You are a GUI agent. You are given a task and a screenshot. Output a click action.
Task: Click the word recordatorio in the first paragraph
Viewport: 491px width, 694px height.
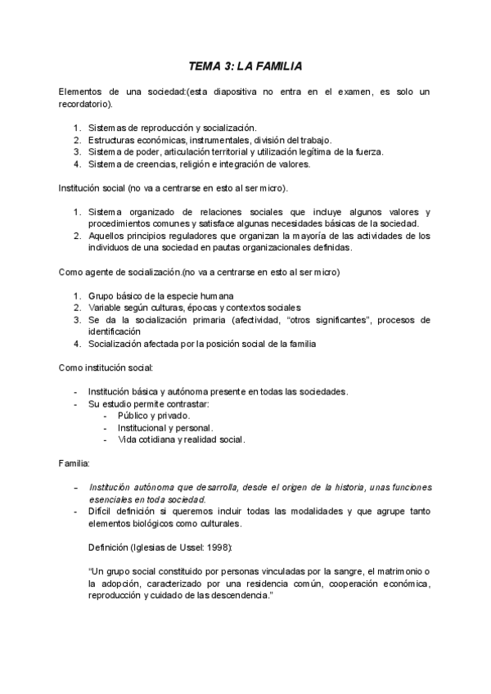(86, 105)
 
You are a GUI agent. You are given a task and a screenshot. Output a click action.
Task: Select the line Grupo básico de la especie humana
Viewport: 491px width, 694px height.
(161, 295)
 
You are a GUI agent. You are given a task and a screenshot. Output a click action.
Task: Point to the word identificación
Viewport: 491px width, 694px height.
(119, 331)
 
